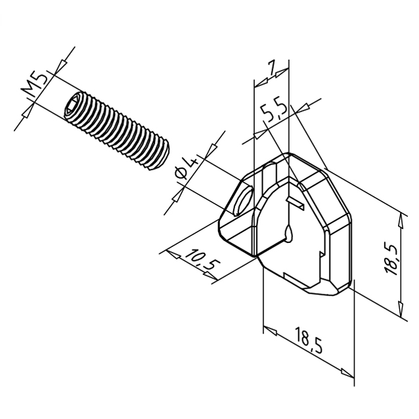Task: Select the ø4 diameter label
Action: [x=187, y=168]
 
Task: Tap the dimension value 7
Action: [x=272, y=68]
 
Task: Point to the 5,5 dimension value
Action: [x=274, y=112]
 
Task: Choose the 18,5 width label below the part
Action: [x=309, y=340]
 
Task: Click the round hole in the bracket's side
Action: [x=242, y=201]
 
